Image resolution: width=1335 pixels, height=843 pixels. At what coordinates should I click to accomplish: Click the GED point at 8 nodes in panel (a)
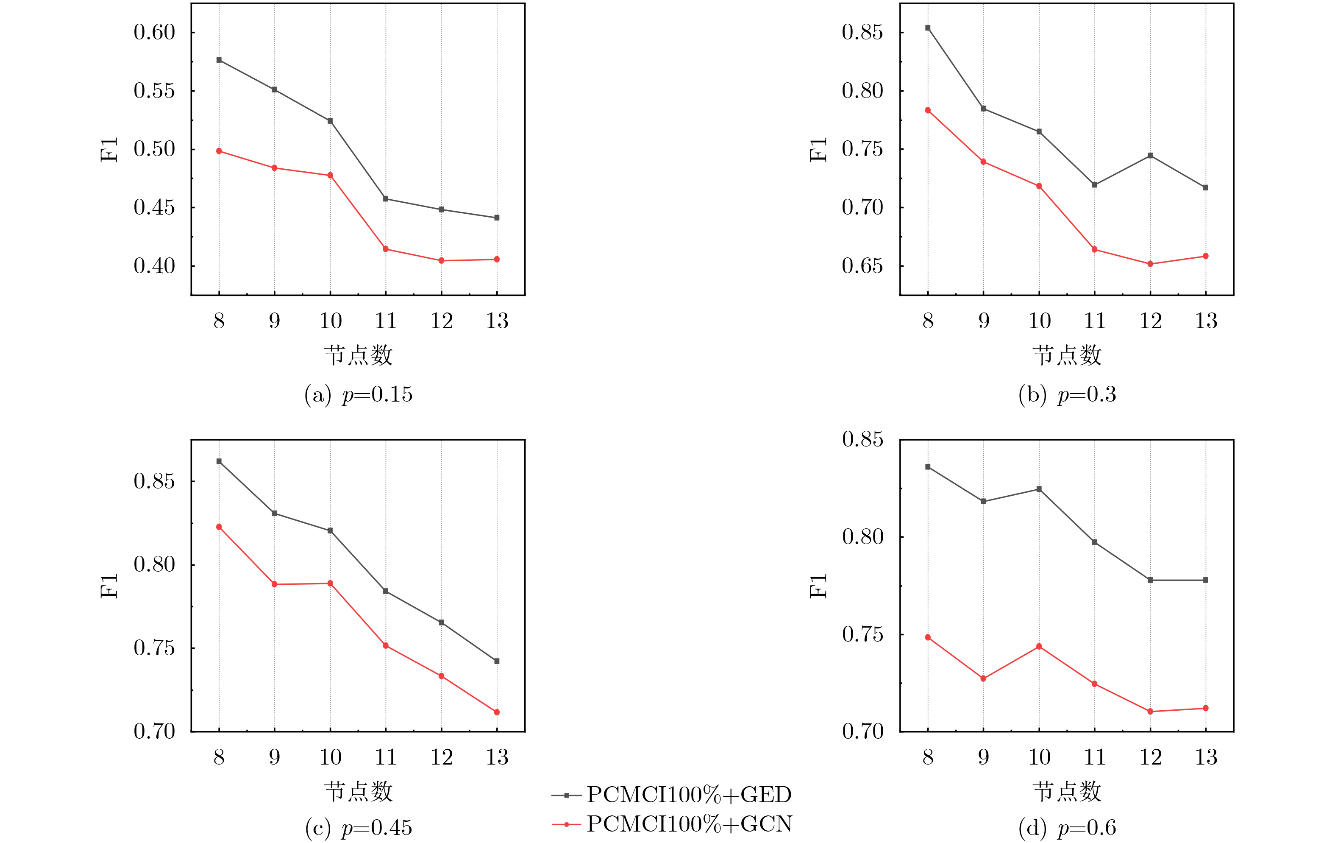click(219, 60)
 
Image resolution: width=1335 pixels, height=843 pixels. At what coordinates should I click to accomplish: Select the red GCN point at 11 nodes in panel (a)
click(386, 249)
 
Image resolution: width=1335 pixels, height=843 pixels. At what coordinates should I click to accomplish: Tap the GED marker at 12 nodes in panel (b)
click(1150, 156)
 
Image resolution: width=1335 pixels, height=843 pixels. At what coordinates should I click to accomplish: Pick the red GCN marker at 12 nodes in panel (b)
click(1150, 264)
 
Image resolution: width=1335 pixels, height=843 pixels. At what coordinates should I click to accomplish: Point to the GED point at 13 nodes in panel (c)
click(497, 661)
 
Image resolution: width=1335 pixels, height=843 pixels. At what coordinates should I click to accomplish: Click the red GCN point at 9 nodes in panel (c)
click(275, 584)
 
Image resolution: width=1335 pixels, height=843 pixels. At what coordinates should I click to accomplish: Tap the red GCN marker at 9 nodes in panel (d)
click(984, 679)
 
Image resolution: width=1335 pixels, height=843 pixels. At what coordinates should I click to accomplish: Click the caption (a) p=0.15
click(358, 394)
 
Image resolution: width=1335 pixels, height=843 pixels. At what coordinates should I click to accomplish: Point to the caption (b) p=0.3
click(1067, 394)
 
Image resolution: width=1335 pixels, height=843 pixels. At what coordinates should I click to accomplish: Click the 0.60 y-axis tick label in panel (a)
click(154, 32)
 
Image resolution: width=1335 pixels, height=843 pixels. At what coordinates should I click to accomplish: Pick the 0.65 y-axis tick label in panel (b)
click(862, 266)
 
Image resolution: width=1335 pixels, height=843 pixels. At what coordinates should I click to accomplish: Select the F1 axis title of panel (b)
click(818, 150)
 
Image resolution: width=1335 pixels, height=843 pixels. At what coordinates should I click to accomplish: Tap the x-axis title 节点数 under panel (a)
click(358, 355)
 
